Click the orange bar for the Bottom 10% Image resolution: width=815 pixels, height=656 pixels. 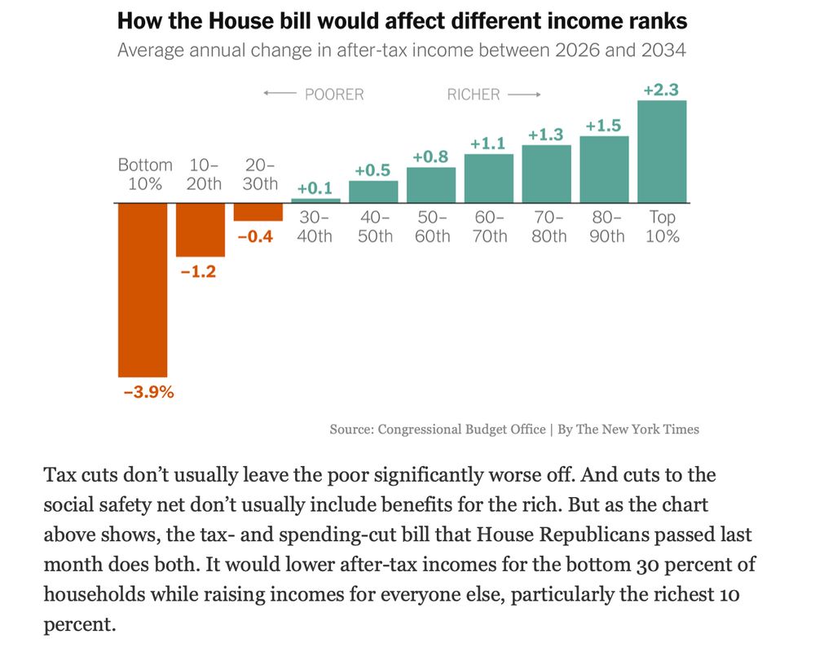tap(143, 289)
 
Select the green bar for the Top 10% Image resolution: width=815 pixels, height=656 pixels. tap(662, 152)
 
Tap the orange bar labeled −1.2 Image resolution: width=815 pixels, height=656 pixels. tap(200, 230)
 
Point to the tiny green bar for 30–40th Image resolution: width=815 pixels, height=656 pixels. tap(316, 200)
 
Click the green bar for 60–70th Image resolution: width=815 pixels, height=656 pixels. tap(489, 178)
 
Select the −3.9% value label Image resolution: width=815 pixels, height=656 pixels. tap(149, 392)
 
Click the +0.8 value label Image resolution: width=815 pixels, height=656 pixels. tap(431, 156)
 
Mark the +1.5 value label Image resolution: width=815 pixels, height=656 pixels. tap(604, 125)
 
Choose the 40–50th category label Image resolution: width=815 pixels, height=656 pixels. tap(375, 227)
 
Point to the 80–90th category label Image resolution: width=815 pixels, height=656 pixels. tap(606, 227)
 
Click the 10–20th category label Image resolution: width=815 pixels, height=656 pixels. tap(203, 174)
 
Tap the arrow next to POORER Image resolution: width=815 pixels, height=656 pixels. tap(280, 95)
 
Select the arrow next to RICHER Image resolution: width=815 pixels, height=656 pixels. tap(524, 95)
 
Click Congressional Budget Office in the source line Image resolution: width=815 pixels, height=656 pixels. tap(461, 429)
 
